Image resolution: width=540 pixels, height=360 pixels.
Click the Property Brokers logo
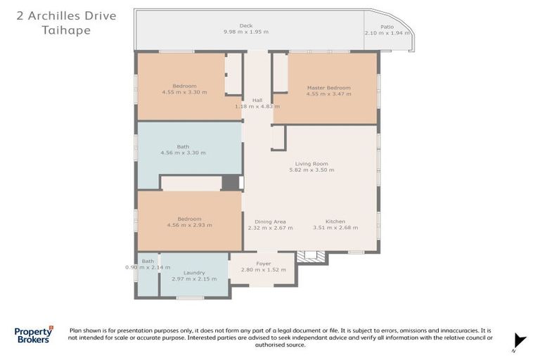[34, 335]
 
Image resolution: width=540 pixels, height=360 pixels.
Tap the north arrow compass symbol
[520, 342]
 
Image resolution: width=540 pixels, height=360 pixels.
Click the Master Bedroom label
[329, 87]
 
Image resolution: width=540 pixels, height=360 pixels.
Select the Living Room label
[311, 164]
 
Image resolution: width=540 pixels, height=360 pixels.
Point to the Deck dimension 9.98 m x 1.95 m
[246, 32]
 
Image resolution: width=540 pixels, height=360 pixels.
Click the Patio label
[387, 27]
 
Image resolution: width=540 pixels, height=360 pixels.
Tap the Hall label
[257, 100]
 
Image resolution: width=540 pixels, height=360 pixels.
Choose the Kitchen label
[335, 221]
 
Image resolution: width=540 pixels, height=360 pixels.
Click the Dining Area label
[270, 221]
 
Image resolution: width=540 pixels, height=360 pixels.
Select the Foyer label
[264, 264]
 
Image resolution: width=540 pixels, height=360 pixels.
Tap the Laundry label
[194, 273]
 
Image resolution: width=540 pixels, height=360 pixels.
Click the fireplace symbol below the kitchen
[311, 257]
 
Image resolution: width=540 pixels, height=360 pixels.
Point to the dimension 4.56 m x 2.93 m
[190, 225]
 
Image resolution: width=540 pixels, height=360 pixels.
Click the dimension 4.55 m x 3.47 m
[329, 94]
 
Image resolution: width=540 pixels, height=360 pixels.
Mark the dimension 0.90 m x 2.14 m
[148, 267]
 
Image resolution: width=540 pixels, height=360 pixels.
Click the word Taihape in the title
[67, 30]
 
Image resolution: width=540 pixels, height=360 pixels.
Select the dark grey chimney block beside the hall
[231, 182]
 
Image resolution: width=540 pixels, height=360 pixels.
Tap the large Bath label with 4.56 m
[184, 146]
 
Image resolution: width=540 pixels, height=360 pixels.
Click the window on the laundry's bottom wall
[191, 297]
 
